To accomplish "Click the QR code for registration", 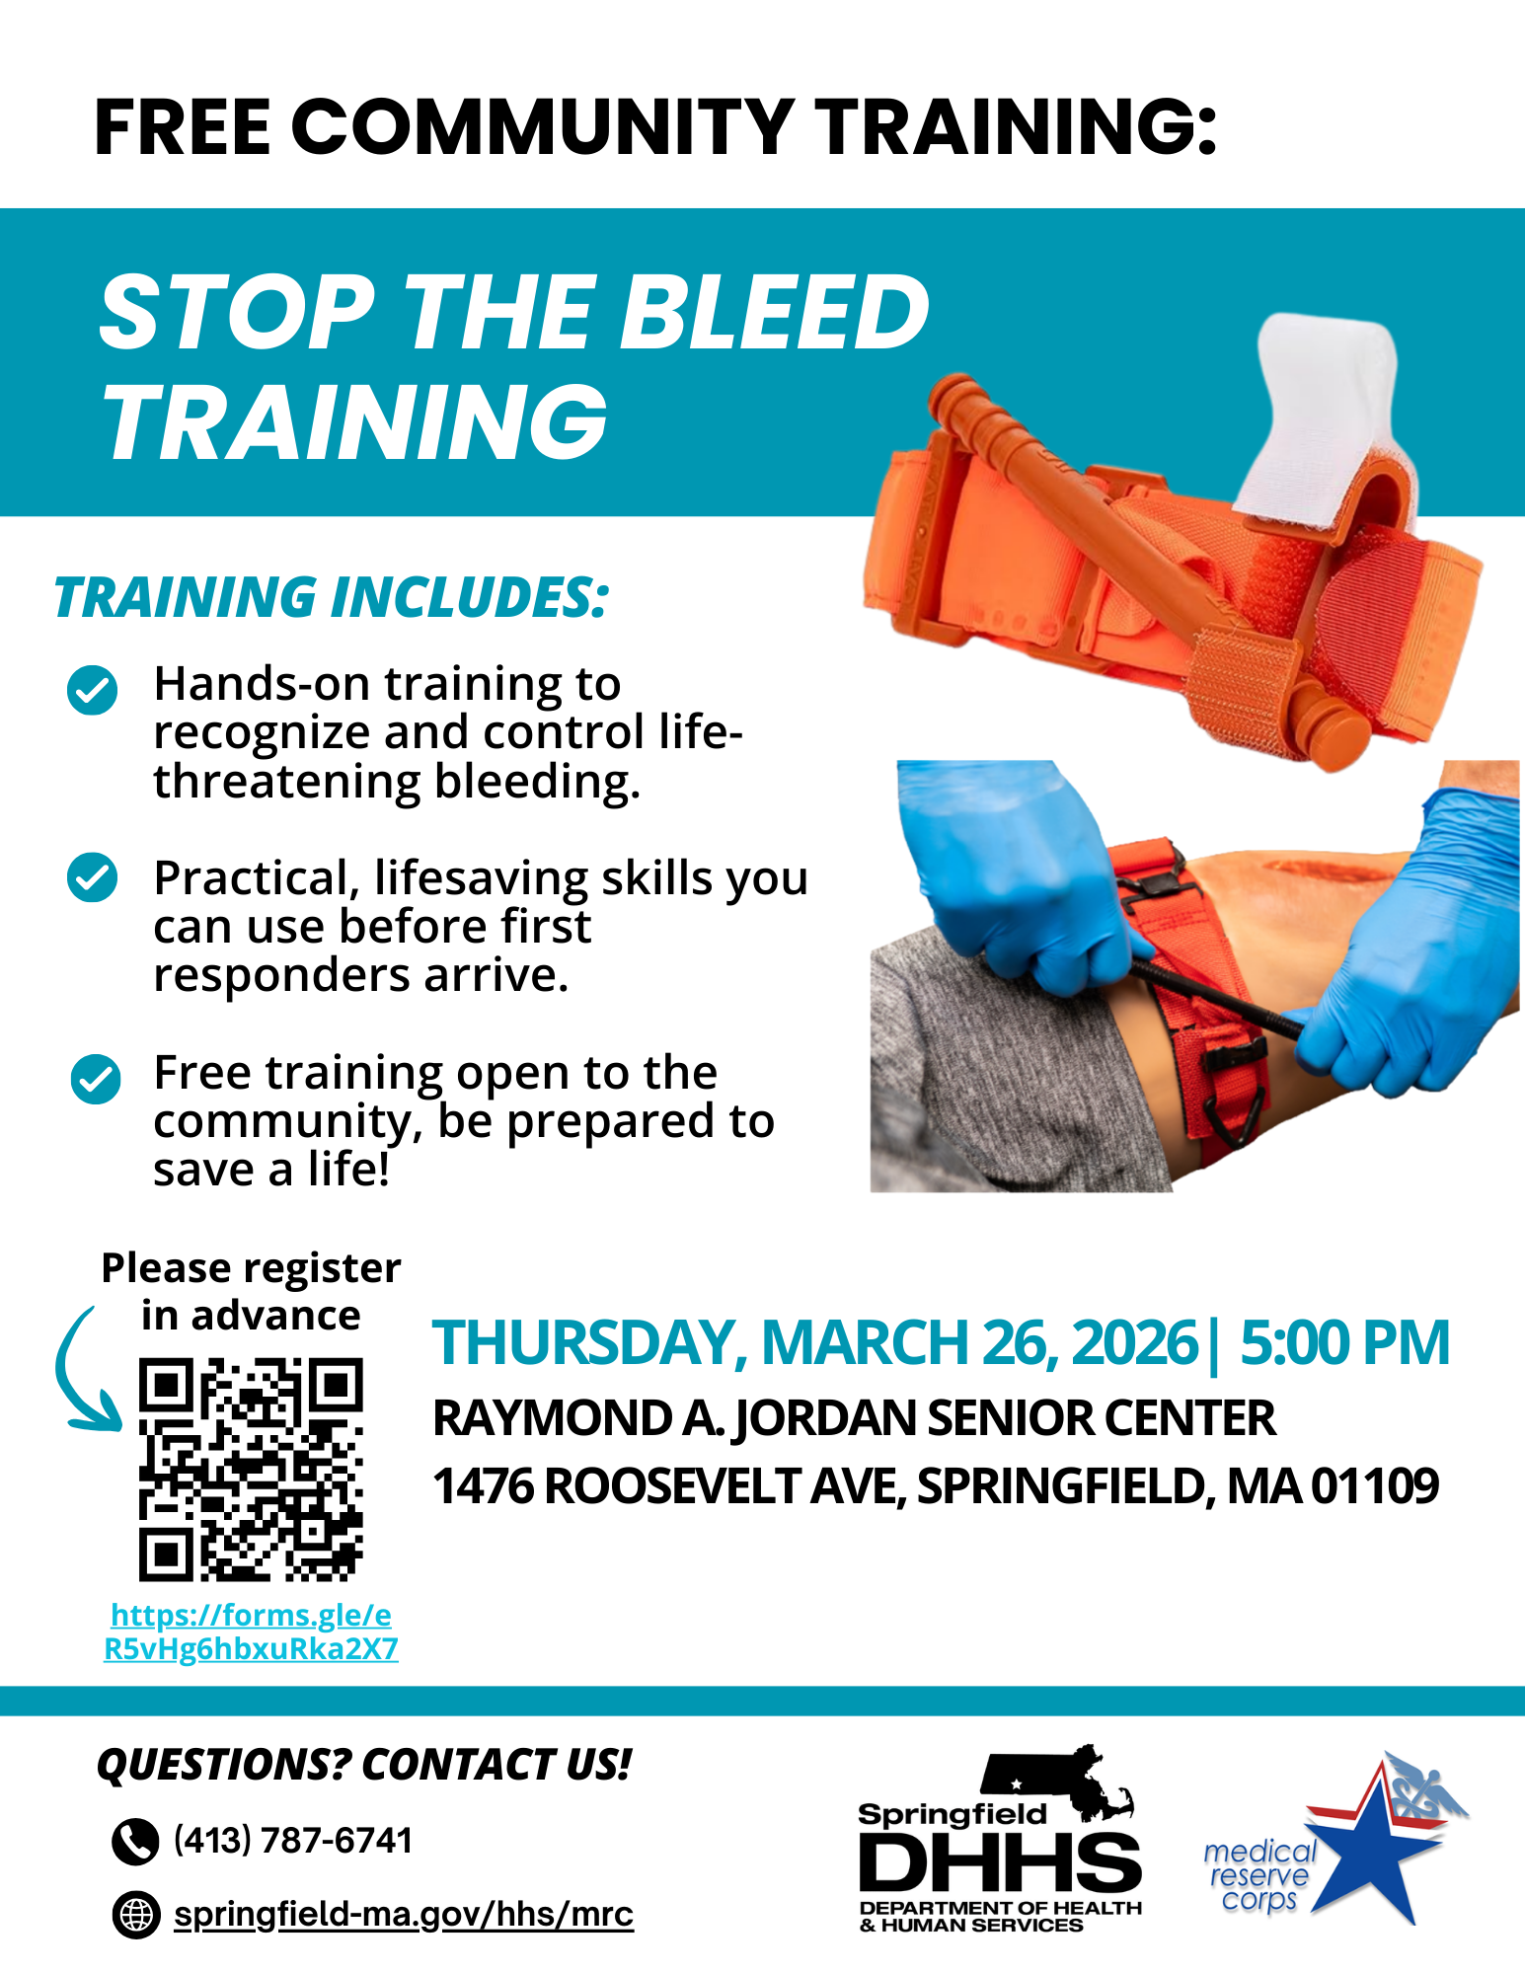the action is tap(251, 1469).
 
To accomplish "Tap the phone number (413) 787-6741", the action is tap(293, 1840).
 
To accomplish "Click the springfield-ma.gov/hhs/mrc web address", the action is tap(404, 1914).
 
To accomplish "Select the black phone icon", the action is tap(135, 1841).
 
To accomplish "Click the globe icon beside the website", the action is tap(136, 1915).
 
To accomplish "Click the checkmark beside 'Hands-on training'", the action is tap(93, 689).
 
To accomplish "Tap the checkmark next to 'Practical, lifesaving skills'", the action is tap(93, 877).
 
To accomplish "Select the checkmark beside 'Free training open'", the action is tap(96, 1079).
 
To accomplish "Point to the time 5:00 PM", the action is tap(1344, 1342).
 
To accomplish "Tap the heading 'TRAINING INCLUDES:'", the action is tap(332, 597).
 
